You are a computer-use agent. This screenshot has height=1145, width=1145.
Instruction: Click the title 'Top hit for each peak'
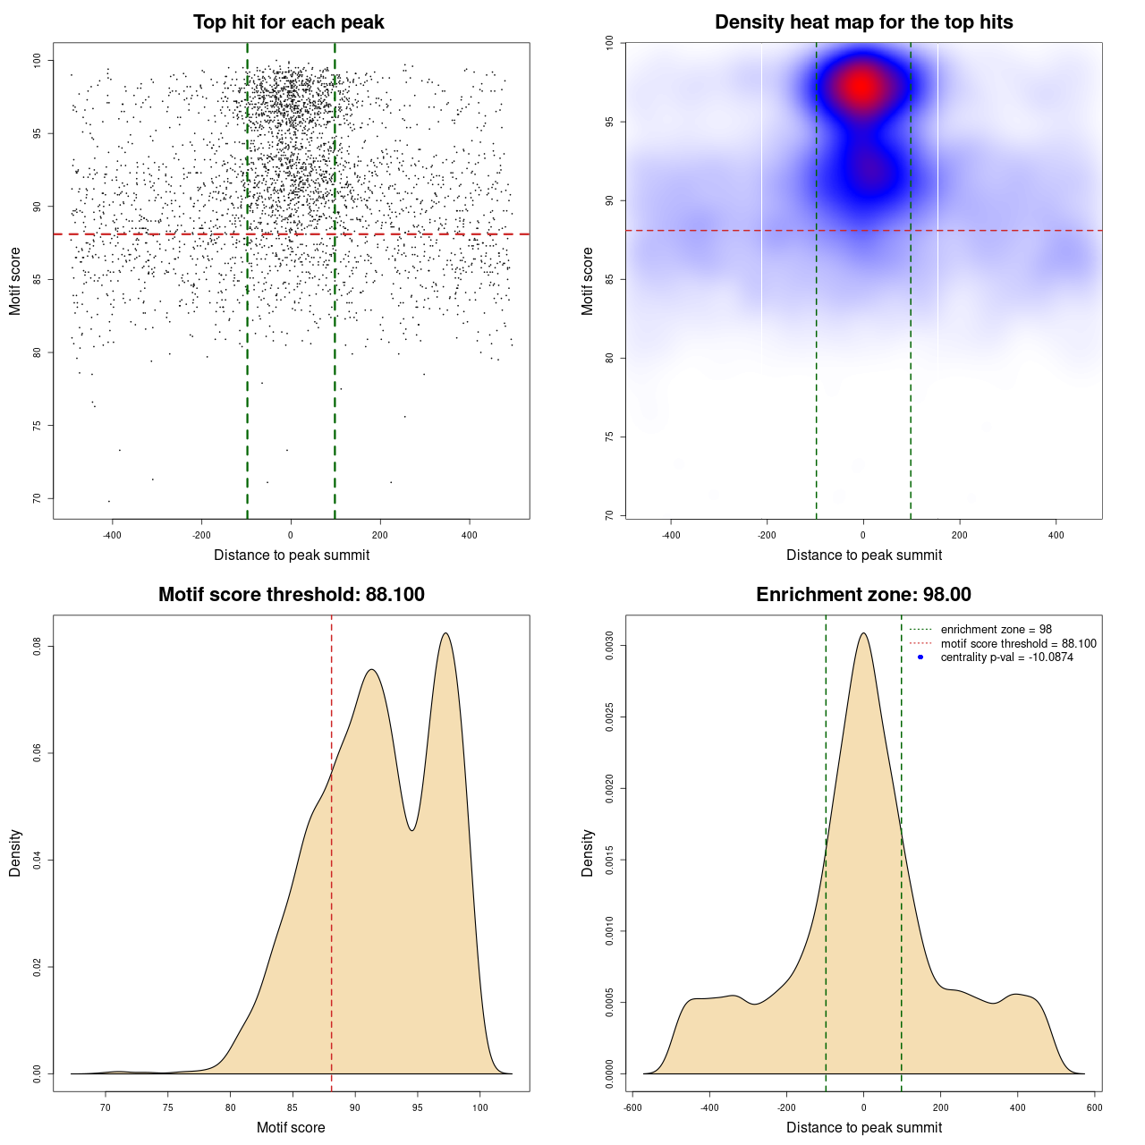289,22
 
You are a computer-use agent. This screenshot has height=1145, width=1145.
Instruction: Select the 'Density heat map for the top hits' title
863,22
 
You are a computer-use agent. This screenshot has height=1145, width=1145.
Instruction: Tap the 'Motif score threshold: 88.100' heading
291,595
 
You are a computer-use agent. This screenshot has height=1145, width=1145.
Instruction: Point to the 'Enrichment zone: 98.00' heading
863,595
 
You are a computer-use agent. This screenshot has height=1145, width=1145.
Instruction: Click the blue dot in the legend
920,657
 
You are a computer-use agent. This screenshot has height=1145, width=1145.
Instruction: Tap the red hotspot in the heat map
861,87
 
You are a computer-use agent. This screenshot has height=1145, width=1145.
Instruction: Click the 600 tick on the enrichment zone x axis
1094,1107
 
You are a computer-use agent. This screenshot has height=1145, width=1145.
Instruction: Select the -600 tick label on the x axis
632,1107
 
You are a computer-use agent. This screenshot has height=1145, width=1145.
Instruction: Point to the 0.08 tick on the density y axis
38,646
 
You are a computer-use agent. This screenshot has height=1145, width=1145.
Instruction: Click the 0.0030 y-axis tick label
610,646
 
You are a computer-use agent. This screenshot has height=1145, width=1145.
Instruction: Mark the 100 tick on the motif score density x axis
480,1107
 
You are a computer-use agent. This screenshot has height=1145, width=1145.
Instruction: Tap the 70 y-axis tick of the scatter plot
38,498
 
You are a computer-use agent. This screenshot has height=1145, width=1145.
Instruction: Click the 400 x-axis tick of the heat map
1056,535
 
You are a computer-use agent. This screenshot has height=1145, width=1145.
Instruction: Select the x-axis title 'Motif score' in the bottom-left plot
291,1127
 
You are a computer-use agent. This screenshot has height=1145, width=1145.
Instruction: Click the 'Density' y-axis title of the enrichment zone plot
588,852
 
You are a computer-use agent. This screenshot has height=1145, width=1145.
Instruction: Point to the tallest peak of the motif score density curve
445,633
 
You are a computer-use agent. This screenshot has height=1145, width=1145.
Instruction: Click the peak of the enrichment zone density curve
863,633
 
